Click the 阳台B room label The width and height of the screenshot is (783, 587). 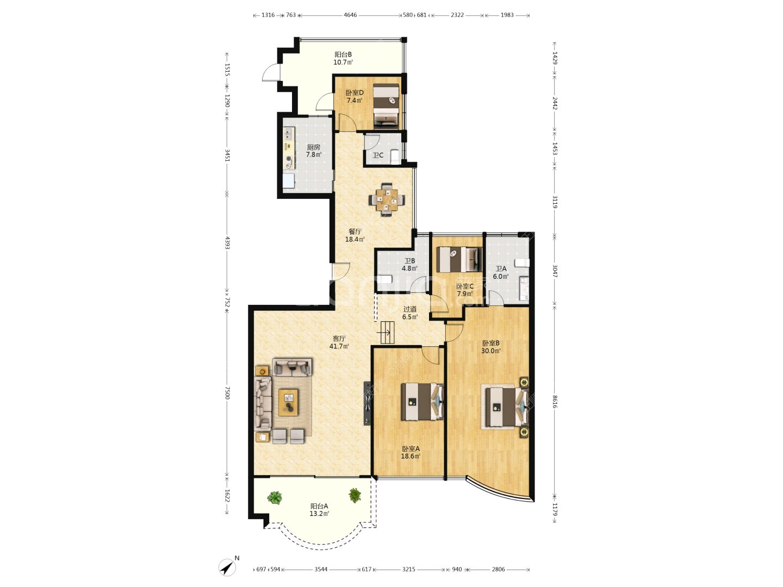tap(343, 54)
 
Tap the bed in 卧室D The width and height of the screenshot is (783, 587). tap(386, 106)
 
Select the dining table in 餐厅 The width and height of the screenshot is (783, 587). tap(387, 199)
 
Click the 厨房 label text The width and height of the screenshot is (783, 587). tap(314, 147)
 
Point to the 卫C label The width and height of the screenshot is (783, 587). tap(378, 155)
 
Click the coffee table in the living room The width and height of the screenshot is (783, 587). tap(288, 402)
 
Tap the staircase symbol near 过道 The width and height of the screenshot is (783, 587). tap(387, 333)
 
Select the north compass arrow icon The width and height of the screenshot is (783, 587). tap(227, 567)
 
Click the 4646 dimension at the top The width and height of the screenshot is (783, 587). tap(350, 15)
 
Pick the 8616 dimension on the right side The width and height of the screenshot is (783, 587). tap(555, 401)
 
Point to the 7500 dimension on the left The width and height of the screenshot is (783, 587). tap(227, 393)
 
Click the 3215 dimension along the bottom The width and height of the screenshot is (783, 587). tap(408, 569)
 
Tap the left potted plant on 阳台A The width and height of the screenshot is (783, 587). tap(274, 497)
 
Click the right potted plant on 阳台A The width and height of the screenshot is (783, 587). tap(355, 495)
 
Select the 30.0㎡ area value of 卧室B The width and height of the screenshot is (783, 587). tap(491, 351)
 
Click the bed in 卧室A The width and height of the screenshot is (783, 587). tap(422, 402)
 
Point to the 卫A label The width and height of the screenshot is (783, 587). tap(501, 268)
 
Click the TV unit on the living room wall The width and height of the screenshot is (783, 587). tap(368, 403)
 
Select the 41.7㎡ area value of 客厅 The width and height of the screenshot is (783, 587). tap(339, 346)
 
